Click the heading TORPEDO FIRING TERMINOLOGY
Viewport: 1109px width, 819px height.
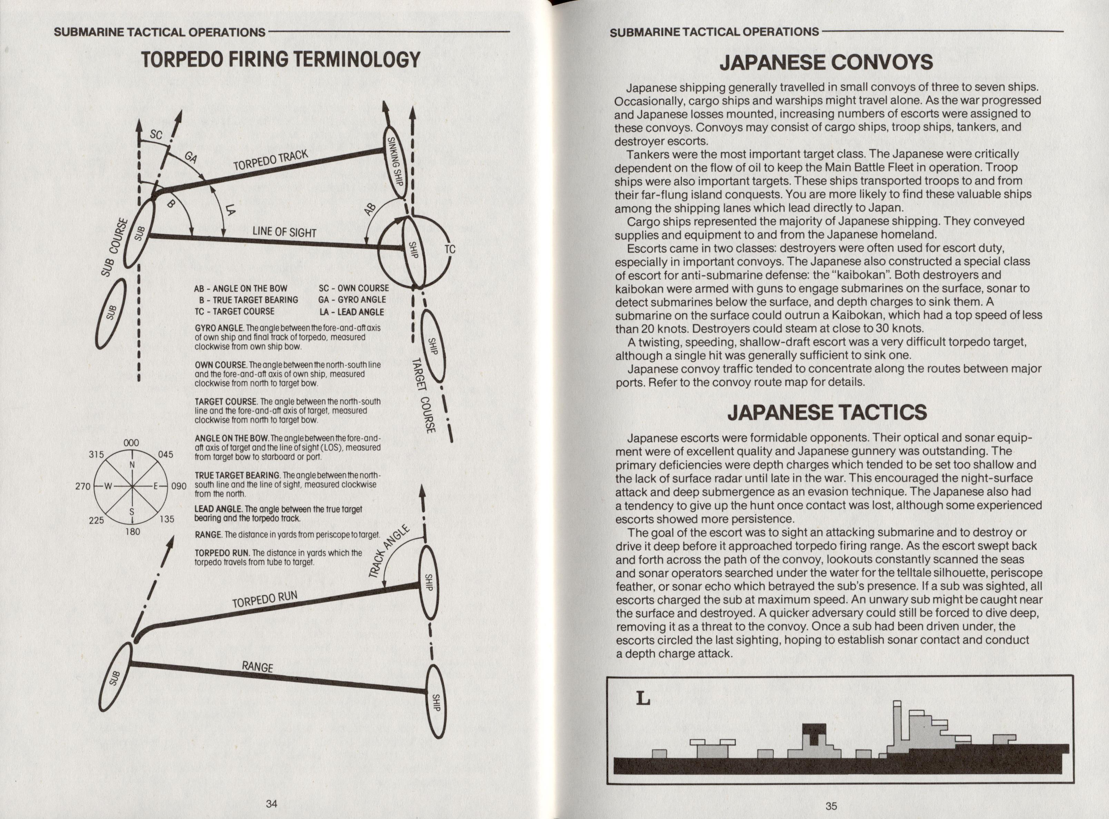[281, 60]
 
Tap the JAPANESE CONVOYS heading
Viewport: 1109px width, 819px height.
[826, 62]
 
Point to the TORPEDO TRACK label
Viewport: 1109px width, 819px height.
[271, 167]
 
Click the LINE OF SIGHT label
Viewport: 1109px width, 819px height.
[284, 231]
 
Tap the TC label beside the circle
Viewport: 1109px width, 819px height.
[449, 249]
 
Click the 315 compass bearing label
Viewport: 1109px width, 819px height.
[96, 454]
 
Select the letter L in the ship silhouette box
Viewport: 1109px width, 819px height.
[643, 699]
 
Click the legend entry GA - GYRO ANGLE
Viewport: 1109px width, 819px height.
[351, 299]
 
